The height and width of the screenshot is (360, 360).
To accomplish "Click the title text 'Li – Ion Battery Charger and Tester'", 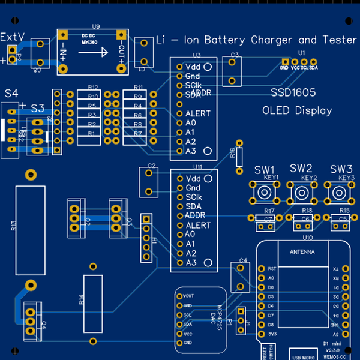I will click(x=256, y=40).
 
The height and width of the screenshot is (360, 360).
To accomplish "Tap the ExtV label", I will click(x=12, y=37).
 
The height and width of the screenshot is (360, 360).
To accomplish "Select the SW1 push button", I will click(x=265, y=192).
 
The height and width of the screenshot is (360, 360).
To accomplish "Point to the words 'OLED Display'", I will click(x=297, y=110).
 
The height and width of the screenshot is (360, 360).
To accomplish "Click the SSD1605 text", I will click(x=293, y=93).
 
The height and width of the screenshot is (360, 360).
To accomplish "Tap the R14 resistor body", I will click(x=92, y=304).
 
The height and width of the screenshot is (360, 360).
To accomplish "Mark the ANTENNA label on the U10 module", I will click(x=301, y=252).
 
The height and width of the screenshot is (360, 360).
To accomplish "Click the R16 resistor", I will click(x=239, y=156).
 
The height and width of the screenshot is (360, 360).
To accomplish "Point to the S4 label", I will click(x=11, y=94).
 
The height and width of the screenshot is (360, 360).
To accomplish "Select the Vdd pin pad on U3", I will click(x=179, y=67).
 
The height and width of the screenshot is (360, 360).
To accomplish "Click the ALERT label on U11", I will click(x=198, y=225).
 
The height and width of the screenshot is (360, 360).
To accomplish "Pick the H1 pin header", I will click(x=146, y=238).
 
